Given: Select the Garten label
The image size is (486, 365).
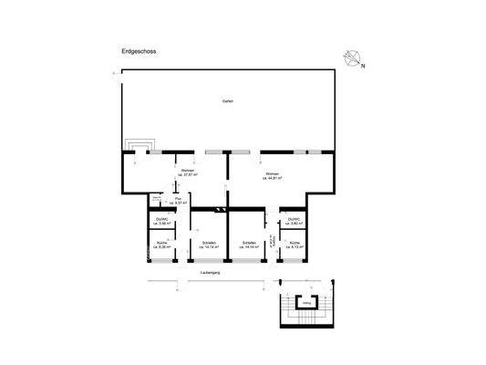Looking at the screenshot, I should [227, 100].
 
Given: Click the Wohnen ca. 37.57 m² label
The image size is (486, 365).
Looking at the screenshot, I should [189, 174].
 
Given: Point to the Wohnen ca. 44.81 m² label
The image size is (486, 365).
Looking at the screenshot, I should [273, 176].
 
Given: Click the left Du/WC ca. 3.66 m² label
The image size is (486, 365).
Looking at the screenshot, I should [162, 221].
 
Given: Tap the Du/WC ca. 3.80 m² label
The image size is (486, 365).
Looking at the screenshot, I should [293, 221].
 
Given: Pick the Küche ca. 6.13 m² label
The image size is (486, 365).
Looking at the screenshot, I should [294, 245].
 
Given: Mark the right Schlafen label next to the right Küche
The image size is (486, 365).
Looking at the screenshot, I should [248, 245].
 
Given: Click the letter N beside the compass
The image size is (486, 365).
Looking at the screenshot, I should [362, 66].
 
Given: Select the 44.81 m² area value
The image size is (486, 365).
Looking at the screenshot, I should [273, 179].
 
